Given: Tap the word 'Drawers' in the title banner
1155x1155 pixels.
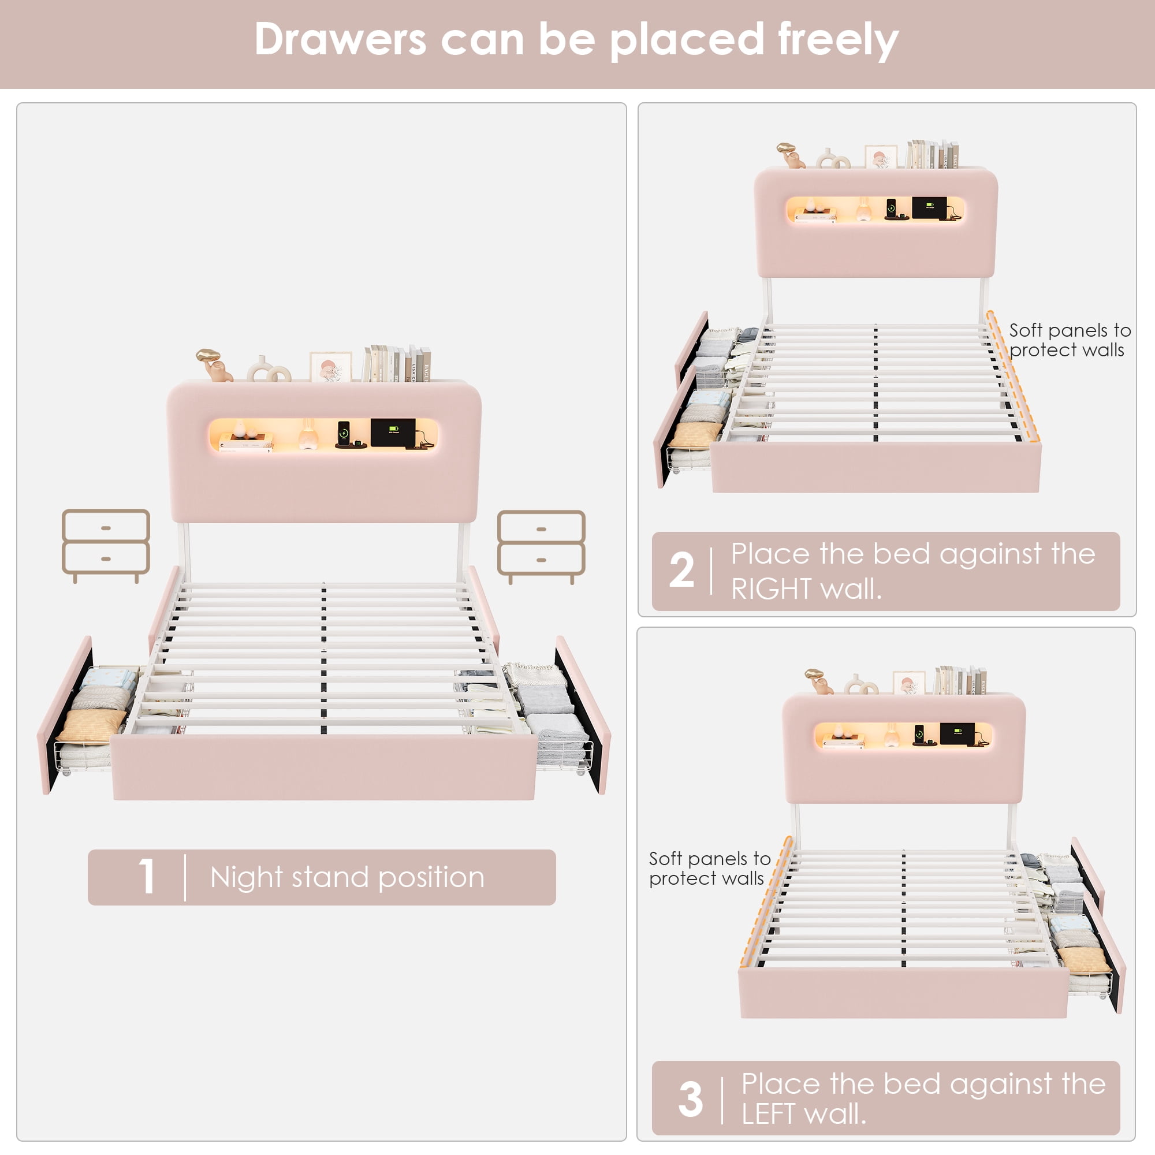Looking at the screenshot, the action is [x=340, y=39].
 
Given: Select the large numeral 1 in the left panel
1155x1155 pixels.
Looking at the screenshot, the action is [x=147, y=877].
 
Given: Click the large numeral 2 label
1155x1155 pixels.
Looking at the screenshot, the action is [x=681, y=570].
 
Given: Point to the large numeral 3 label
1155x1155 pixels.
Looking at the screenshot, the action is [x=691, y=1099].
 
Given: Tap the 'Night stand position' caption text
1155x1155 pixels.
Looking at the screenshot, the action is [x=347, y=878].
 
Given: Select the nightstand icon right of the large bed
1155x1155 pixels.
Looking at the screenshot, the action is [x=541, y=547].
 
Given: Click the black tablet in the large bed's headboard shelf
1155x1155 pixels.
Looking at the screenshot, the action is [x=393, y=433].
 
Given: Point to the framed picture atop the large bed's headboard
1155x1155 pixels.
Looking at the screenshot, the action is [x=330, y=367].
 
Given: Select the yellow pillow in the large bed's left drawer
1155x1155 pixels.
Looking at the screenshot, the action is [x=92, y=726].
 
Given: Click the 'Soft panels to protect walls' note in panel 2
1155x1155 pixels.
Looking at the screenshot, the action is [x=1070, y=340].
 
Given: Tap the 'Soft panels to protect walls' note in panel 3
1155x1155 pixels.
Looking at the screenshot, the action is [x=710, y=868].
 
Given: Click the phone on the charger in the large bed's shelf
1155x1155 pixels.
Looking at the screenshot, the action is [x=344, y=431].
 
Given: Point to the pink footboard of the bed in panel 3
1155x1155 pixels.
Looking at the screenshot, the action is [x=903, y=992].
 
